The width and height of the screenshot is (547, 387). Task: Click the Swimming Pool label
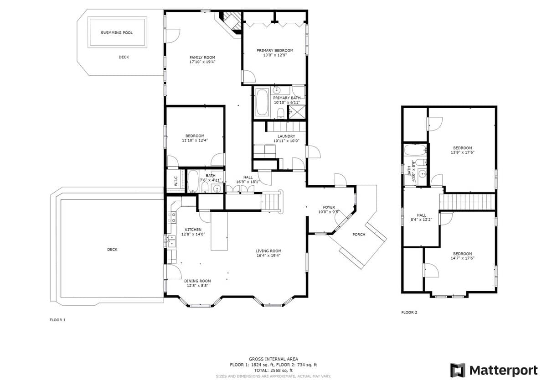tap(117, 33)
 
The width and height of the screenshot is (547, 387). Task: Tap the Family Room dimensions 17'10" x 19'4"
tap(202, 62)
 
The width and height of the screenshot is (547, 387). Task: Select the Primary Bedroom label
tap(275, 50)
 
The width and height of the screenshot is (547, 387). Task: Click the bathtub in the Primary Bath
tap(262, 102)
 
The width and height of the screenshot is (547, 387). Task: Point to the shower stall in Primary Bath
tap(297, 112)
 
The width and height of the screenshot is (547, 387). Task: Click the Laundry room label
tap(286, 136)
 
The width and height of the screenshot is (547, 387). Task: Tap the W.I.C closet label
tap(176, 181)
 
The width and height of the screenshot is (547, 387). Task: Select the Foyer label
tap(329, 207)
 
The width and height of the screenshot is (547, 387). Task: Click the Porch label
tap(359, 235)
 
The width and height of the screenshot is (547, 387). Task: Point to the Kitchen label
tap(193, 230)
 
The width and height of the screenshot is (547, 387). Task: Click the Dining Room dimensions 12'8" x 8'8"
tap(197, 286)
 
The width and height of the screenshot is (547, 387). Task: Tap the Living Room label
tap(268, 251)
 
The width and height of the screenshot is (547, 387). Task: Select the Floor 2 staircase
tap(467, 202)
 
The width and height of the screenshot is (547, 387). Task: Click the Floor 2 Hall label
tap(421, 215)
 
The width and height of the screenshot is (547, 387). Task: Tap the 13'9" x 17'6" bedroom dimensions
tap(462, 152)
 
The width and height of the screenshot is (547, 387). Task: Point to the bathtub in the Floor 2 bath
tap(415, 150)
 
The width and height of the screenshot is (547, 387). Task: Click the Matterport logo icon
tap(458, 371)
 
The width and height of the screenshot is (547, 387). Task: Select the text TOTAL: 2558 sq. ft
tap(273, 371)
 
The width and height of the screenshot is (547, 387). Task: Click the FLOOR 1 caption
tap(57, 320)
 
